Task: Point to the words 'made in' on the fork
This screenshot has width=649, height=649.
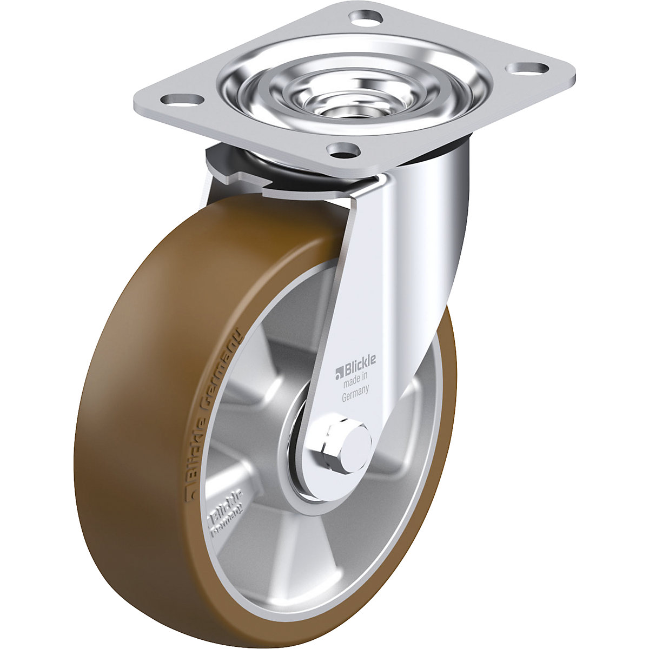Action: point(356,382)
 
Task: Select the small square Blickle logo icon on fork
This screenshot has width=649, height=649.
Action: point(339,371)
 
